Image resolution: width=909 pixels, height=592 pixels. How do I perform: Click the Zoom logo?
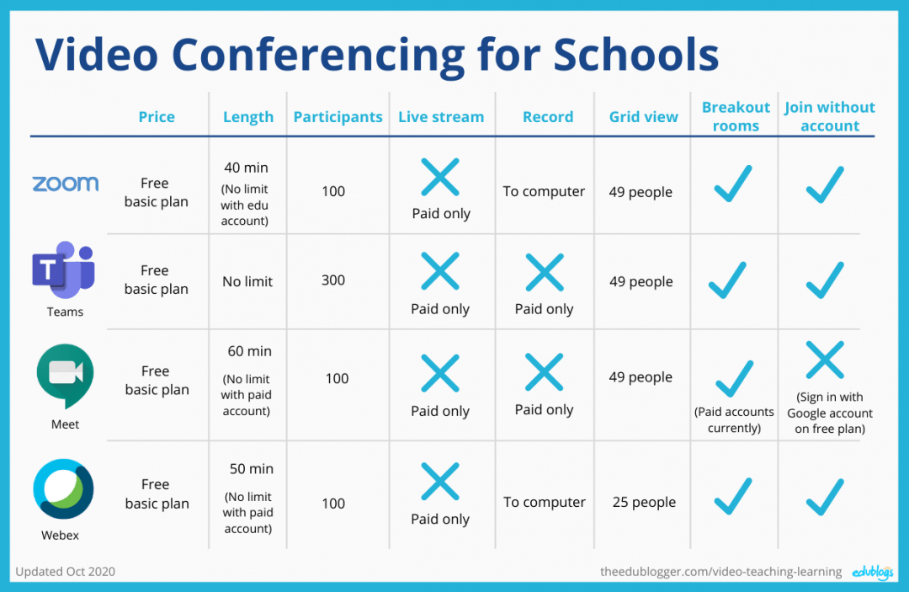pos(65,184)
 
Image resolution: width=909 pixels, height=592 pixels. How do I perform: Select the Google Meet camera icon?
pos(65,376)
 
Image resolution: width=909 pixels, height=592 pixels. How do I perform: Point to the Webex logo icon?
pos(63,489)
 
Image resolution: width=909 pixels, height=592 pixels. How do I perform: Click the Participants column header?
pos(338,117)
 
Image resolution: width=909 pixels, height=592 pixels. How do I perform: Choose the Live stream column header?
pos(441,117)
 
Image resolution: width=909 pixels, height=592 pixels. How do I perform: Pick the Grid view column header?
pos(643,117)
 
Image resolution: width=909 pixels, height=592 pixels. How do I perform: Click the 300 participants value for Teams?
pos(333,280)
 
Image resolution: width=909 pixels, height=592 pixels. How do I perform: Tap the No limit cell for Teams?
pos(247,281)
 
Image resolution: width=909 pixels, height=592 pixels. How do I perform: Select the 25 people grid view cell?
pos(644,502)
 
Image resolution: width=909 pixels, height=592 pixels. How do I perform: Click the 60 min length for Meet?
pos(249,351)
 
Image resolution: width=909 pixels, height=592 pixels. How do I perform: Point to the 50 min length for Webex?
pos(251,468)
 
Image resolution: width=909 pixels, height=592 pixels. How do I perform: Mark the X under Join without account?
pos(825,360)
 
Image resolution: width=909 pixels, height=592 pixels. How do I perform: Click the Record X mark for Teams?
pos(545,273)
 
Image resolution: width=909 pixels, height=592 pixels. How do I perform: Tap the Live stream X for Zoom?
pos(440,177)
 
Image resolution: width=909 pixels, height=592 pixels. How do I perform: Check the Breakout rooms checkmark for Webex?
pos(734,496)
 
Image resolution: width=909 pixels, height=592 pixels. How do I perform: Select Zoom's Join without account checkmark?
pos(825,184)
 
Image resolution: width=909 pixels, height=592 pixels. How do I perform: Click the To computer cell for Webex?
pos(545,502)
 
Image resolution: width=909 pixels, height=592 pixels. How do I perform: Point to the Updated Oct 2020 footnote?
pos(66,571)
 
